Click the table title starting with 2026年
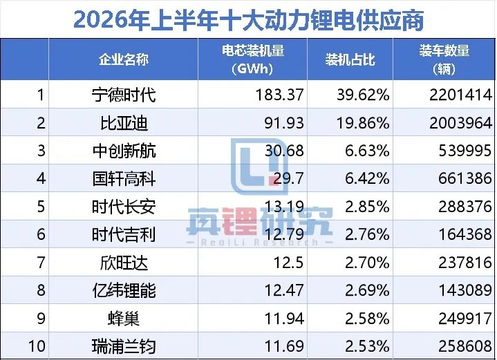(248, 19)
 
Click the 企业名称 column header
(124, 59)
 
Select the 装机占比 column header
(350, 59)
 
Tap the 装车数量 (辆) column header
(444, 59)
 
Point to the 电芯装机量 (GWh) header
(252, 59)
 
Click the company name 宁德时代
(124, 95)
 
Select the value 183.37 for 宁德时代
(279, 95)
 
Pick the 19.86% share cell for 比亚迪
(363, 123)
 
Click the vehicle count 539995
(465, 151)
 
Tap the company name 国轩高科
(124, 179)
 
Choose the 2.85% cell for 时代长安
(367, 207)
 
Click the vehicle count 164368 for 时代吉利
(465, 234)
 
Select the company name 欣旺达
(124, 263)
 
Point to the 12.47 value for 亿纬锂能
(284, 290)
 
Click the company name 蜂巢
(124, 319)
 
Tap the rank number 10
(37, 346)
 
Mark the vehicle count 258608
(465, 346)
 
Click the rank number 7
(41, 263)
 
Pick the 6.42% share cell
(367, 178)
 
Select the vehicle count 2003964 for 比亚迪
(460, 123)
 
